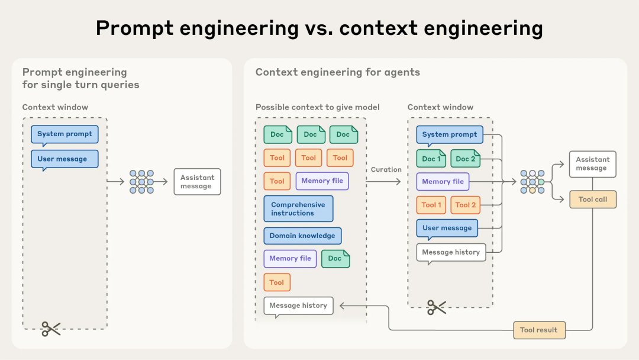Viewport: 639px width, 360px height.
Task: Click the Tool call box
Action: click(x=592, y=200)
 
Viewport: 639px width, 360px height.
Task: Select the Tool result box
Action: click(x=538, y=330)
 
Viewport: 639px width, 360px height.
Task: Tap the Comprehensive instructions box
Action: click(x=298, y=209)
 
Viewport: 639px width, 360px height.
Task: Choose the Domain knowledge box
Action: click(x=302, y=236)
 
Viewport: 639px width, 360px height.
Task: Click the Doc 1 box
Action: click(x=431, y=159)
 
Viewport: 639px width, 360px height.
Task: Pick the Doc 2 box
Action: click(x=465, y=159)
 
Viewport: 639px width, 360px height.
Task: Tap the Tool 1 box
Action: click(x=431, y=205)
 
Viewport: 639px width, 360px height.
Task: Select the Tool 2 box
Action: click(x=466, y=205)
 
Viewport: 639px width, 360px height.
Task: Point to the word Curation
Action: click(x=386, y=169)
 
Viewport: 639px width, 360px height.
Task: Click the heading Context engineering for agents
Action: click(x=337, y=72)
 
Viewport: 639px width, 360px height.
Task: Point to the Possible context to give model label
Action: click(x=317, y=107)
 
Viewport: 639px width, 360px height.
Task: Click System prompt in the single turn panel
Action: click(x=64, y=134)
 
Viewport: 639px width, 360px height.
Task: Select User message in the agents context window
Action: click(x=447, y=228)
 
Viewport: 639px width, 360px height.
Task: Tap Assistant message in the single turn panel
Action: click(x=197, y=182)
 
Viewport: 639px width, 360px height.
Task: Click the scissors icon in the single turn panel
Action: click(x=51, y=329)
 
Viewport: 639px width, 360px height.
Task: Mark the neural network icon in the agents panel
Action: click(x=532, y=182)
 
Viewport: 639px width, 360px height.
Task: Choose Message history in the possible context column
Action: click(x=298, y=306)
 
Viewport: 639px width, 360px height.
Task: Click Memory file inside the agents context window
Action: click(x=443, y=182)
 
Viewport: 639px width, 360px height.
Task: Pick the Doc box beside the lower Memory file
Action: click(x=335, y=258)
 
